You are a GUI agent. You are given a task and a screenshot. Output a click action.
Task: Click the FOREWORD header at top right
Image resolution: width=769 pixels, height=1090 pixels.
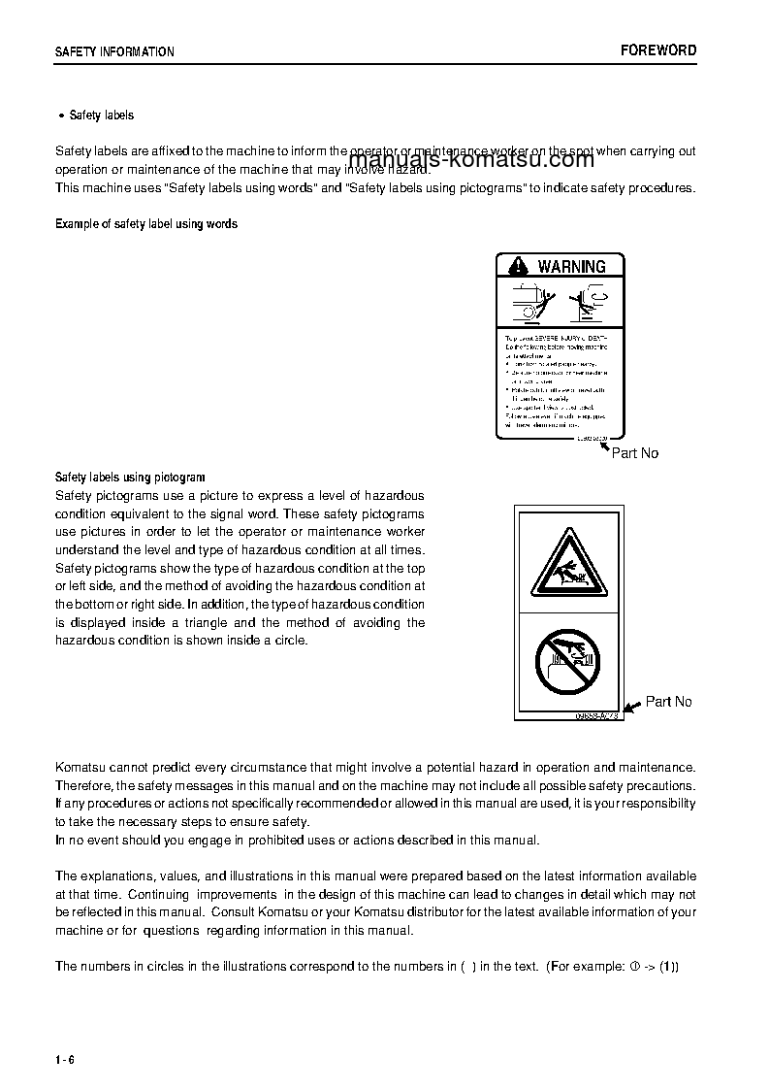tap(658, 50)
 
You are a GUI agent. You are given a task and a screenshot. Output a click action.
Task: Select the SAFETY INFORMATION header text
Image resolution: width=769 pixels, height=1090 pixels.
tap(114, 52)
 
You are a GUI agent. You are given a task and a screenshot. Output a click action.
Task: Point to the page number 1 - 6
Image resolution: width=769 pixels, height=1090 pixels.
tap(65, 1059)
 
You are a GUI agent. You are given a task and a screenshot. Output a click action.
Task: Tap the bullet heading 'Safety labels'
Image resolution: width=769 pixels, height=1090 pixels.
tap(102, 116)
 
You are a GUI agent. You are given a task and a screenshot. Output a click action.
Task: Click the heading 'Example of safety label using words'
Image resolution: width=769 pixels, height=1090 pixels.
tap(146, 224)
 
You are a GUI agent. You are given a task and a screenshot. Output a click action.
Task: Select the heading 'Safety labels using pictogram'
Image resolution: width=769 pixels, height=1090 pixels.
tap(130, 478)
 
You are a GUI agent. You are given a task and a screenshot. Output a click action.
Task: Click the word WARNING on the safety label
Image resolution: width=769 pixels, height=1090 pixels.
tap(571, 266)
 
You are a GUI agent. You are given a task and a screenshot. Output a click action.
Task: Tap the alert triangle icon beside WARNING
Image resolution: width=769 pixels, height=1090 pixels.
tap(519, 266)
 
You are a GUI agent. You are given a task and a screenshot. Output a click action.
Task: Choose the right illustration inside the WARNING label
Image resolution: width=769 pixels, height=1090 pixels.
tap(588, 303)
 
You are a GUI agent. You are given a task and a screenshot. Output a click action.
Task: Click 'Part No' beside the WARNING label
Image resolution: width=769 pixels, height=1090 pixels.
tap(634, 453)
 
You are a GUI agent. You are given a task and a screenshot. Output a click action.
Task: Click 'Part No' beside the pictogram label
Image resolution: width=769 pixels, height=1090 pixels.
tap(668, 702)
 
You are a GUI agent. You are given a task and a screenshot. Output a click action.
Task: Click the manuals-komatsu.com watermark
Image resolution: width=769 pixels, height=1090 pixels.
tap(470, 161)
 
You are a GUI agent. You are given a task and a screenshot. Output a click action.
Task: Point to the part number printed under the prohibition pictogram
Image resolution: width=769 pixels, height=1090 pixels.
tap(595, 715)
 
